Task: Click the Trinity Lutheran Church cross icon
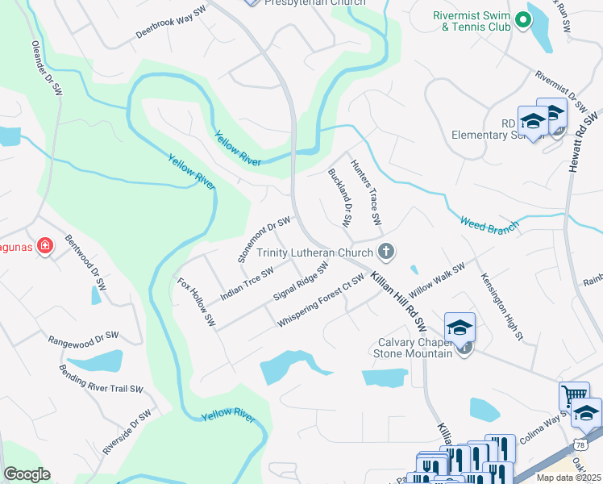click(x=386, y=252)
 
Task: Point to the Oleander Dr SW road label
click(x=47, y=69)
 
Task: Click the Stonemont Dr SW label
click(x=264, y=239)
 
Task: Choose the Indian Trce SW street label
click(x=247, y=281)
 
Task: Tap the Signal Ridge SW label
click(x=301, y=278)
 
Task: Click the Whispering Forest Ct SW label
click(x=321, y=301)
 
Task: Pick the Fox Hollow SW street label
click(x=197, y=302)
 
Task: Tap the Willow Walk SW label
click(x=437, y=278)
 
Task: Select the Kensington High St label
click(x=502, y=305)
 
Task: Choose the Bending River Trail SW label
click(x=101, y=378)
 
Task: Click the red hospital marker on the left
click(x=45, y=246)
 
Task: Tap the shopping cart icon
click(x=573, y=395)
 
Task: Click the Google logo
click(x=27, y=474)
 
